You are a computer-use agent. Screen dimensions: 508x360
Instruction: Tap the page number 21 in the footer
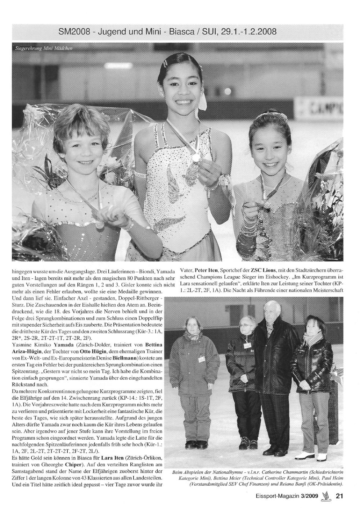(339, 496)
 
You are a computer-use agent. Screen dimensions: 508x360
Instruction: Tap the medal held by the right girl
(267, 204)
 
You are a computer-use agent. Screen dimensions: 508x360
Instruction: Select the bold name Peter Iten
(207, 270)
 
